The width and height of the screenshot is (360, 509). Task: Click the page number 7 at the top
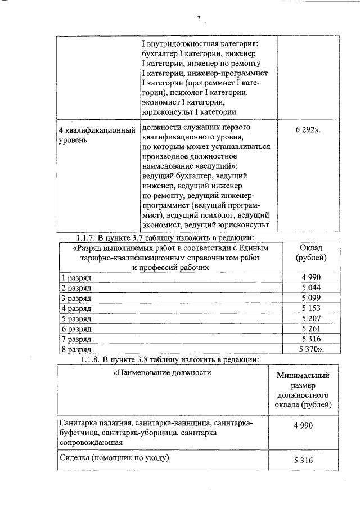tap(199, 19)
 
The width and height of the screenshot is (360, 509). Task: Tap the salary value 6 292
tap(307, 129)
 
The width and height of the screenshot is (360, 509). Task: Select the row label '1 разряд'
tap(76, 278)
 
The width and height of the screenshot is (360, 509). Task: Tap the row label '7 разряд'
tap(76, 339)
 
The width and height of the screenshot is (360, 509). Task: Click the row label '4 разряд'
tap(76, 308)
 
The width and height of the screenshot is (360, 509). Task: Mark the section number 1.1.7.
tap(89, 237)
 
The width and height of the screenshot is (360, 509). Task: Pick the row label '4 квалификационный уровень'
tap(97, 135)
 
